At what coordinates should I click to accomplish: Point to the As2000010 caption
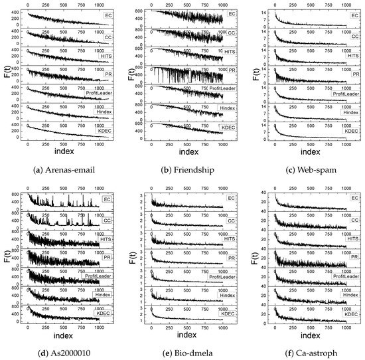click(x=64, y=352)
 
